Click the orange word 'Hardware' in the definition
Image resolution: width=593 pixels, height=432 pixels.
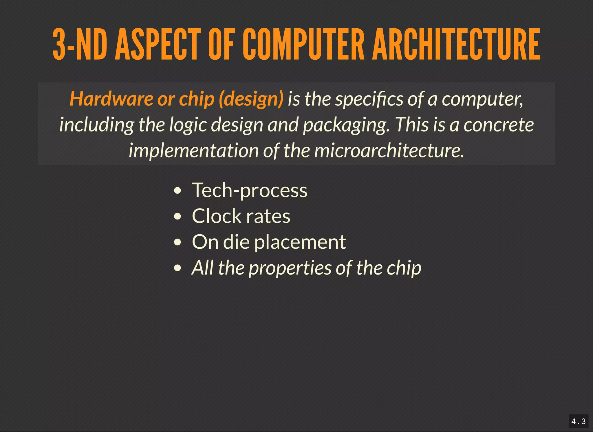pos(111,99)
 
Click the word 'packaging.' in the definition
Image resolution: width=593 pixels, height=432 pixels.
pos(346,125)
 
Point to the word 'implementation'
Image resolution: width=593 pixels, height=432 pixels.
pos(193,151)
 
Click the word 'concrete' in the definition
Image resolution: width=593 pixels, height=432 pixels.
pos(499,125)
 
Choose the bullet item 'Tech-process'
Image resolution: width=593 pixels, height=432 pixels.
pos(249,191)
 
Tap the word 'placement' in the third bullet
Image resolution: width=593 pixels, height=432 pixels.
pos(300,242)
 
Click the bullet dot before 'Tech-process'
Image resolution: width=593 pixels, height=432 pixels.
pos(177,191)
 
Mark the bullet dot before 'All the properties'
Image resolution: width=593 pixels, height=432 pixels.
pos(177,268)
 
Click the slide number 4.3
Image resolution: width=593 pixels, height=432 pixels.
pos(578,421)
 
